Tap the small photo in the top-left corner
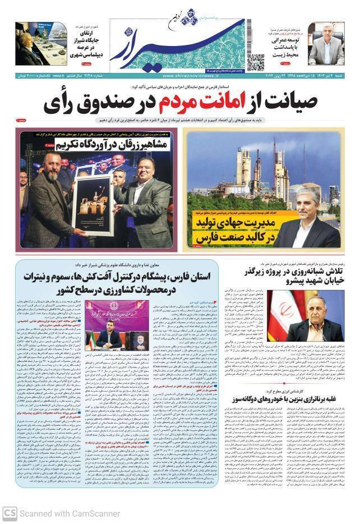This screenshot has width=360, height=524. point(36,47)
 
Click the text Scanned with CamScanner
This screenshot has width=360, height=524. point(70,513)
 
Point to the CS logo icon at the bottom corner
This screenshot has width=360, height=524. point(9,513)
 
